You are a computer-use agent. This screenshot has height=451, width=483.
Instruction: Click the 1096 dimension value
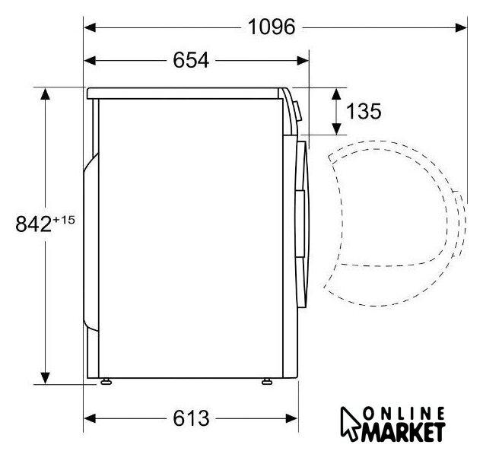pos(272,27)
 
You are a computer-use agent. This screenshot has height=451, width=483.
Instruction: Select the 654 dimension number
pos(191,60)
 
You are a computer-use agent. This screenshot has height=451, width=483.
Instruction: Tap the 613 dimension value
pos(191,418)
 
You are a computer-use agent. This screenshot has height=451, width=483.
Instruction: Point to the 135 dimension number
pos(364,111)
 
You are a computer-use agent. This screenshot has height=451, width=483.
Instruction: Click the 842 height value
pos(33,224)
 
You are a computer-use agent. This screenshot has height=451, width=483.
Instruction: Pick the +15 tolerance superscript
pos(63,220)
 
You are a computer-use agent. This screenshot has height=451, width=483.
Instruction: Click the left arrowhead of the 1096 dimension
pos(90,27)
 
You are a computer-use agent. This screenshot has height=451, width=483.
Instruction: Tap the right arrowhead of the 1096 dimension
pos(461,27)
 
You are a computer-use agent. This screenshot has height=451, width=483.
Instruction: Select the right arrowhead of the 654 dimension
pos(303,61)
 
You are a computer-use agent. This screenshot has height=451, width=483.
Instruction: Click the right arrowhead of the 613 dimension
pos(292,418)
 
